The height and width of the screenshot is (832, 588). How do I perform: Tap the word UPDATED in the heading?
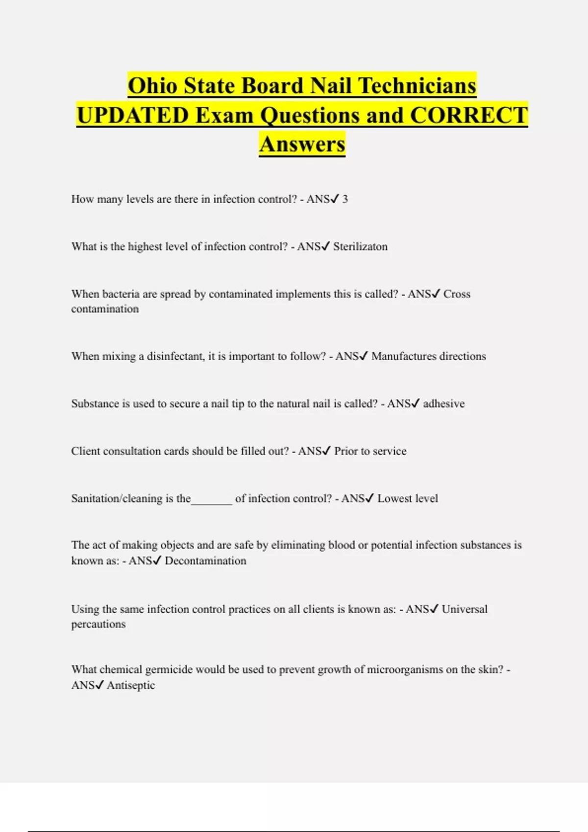point(132,116)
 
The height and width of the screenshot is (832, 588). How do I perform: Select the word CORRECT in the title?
point(469,116)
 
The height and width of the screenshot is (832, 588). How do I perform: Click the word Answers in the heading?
point(302,144)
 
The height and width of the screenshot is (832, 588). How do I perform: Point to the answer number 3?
point(345,199)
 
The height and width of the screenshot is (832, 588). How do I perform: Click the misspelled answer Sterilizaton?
point(360,247)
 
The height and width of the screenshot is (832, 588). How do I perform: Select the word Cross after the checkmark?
point(457,294)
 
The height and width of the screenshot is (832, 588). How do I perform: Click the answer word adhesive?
point(443,404)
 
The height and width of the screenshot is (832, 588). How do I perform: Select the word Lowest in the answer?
point(394,499)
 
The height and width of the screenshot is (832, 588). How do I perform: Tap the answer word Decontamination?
point(205,561)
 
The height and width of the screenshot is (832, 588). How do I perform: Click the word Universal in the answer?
point(465,609)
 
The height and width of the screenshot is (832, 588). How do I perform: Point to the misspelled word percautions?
point(98,624)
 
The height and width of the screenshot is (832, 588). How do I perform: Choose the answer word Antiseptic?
point(131,686)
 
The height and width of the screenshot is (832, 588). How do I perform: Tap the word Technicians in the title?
point(417,86)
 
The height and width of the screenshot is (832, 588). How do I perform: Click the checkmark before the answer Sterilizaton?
point(326,246)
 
